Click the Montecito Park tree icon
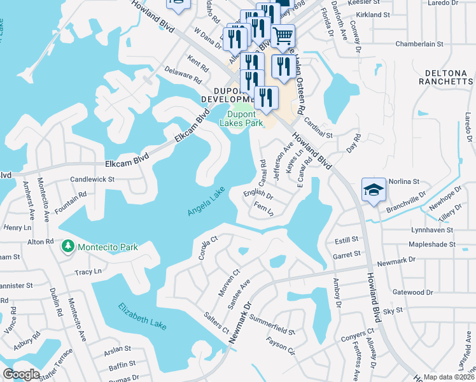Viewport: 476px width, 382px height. tap(68, 246)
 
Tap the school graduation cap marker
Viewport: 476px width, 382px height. tap(374, 189)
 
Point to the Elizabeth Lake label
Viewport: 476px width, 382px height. tap(142, 316)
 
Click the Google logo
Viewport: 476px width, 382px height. tap(21, 374)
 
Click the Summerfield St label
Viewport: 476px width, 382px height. tap(274, 331)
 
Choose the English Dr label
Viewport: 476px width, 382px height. tap(258, 195)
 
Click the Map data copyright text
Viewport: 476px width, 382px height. tap(449, 377)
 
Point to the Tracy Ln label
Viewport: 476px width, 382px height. tap(88, 272)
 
